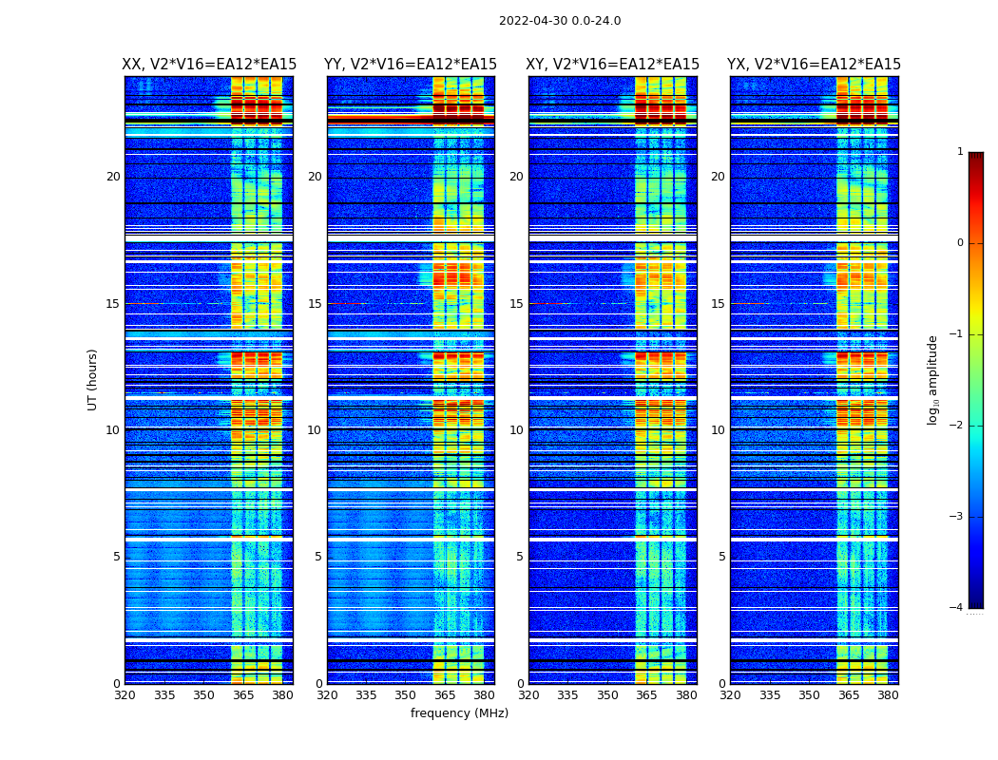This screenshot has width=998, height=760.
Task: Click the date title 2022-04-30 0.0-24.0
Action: tap(560, 21)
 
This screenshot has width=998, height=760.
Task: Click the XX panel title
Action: tap(209, 65)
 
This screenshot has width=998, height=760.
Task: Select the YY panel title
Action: tap(411, 65)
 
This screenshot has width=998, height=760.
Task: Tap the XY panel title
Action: tap(613, 65)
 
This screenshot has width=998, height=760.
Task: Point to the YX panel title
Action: tap(815, 65)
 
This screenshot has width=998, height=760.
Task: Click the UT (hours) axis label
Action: tap(93, 379)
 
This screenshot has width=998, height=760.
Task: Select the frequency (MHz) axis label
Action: tap(459, 713)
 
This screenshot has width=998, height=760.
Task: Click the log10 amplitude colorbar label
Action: tap(933, 379)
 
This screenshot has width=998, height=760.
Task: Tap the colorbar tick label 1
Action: tap(960, 152)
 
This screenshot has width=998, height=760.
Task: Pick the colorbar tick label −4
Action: tap(958, 608)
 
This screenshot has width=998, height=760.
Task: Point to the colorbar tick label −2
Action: tap(958, 426)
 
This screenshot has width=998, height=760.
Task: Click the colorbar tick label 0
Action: tap(960, 243)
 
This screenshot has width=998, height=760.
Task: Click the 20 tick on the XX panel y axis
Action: tap(113, 177)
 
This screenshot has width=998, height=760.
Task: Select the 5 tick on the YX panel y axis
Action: tap(722, 557)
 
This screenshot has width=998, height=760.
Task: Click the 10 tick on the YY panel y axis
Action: tap(315, 430)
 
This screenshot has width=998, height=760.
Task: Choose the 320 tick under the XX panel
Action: tap(125, 695)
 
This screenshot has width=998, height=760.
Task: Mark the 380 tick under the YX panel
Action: tap(888, 695)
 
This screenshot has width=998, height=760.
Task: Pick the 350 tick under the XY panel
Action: tap(607, 695)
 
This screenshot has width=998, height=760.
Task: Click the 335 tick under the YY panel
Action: tap(366, 695)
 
